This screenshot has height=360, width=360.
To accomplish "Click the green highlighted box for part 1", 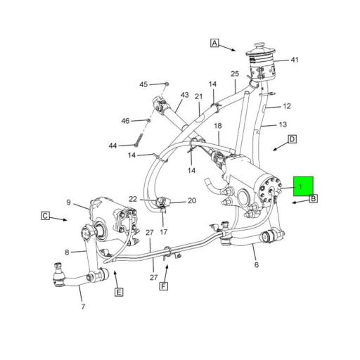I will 303,186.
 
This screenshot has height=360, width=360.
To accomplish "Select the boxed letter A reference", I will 214,43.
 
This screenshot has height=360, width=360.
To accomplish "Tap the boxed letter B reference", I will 314,199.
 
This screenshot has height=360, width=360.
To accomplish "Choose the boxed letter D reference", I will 292,139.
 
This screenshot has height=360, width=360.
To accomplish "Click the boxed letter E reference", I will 118,292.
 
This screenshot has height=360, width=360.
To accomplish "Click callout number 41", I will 294,60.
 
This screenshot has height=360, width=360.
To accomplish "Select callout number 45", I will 143,84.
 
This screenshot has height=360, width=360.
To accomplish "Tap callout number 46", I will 125,121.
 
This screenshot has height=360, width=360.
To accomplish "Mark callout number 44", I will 112,146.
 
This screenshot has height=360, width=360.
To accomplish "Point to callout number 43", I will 185,95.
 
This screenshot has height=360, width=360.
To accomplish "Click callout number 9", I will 69,203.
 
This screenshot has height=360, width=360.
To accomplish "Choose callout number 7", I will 82,307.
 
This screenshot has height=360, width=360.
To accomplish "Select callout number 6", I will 256,264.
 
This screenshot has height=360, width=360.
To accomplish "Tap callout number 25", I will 235,74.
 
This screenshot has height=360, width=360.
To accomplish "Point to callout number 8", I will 67,252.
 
